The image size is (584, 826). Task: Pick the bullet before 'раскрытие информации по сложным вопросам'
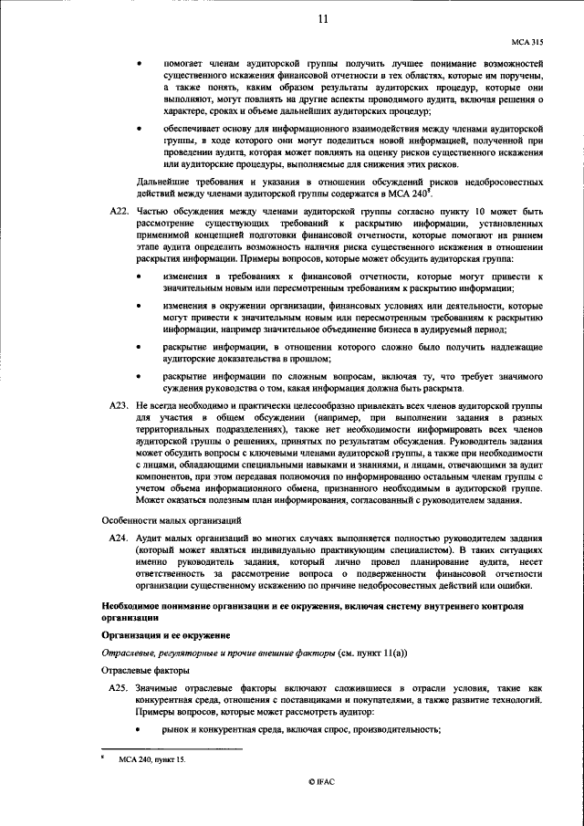click(x=139, y=375)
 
